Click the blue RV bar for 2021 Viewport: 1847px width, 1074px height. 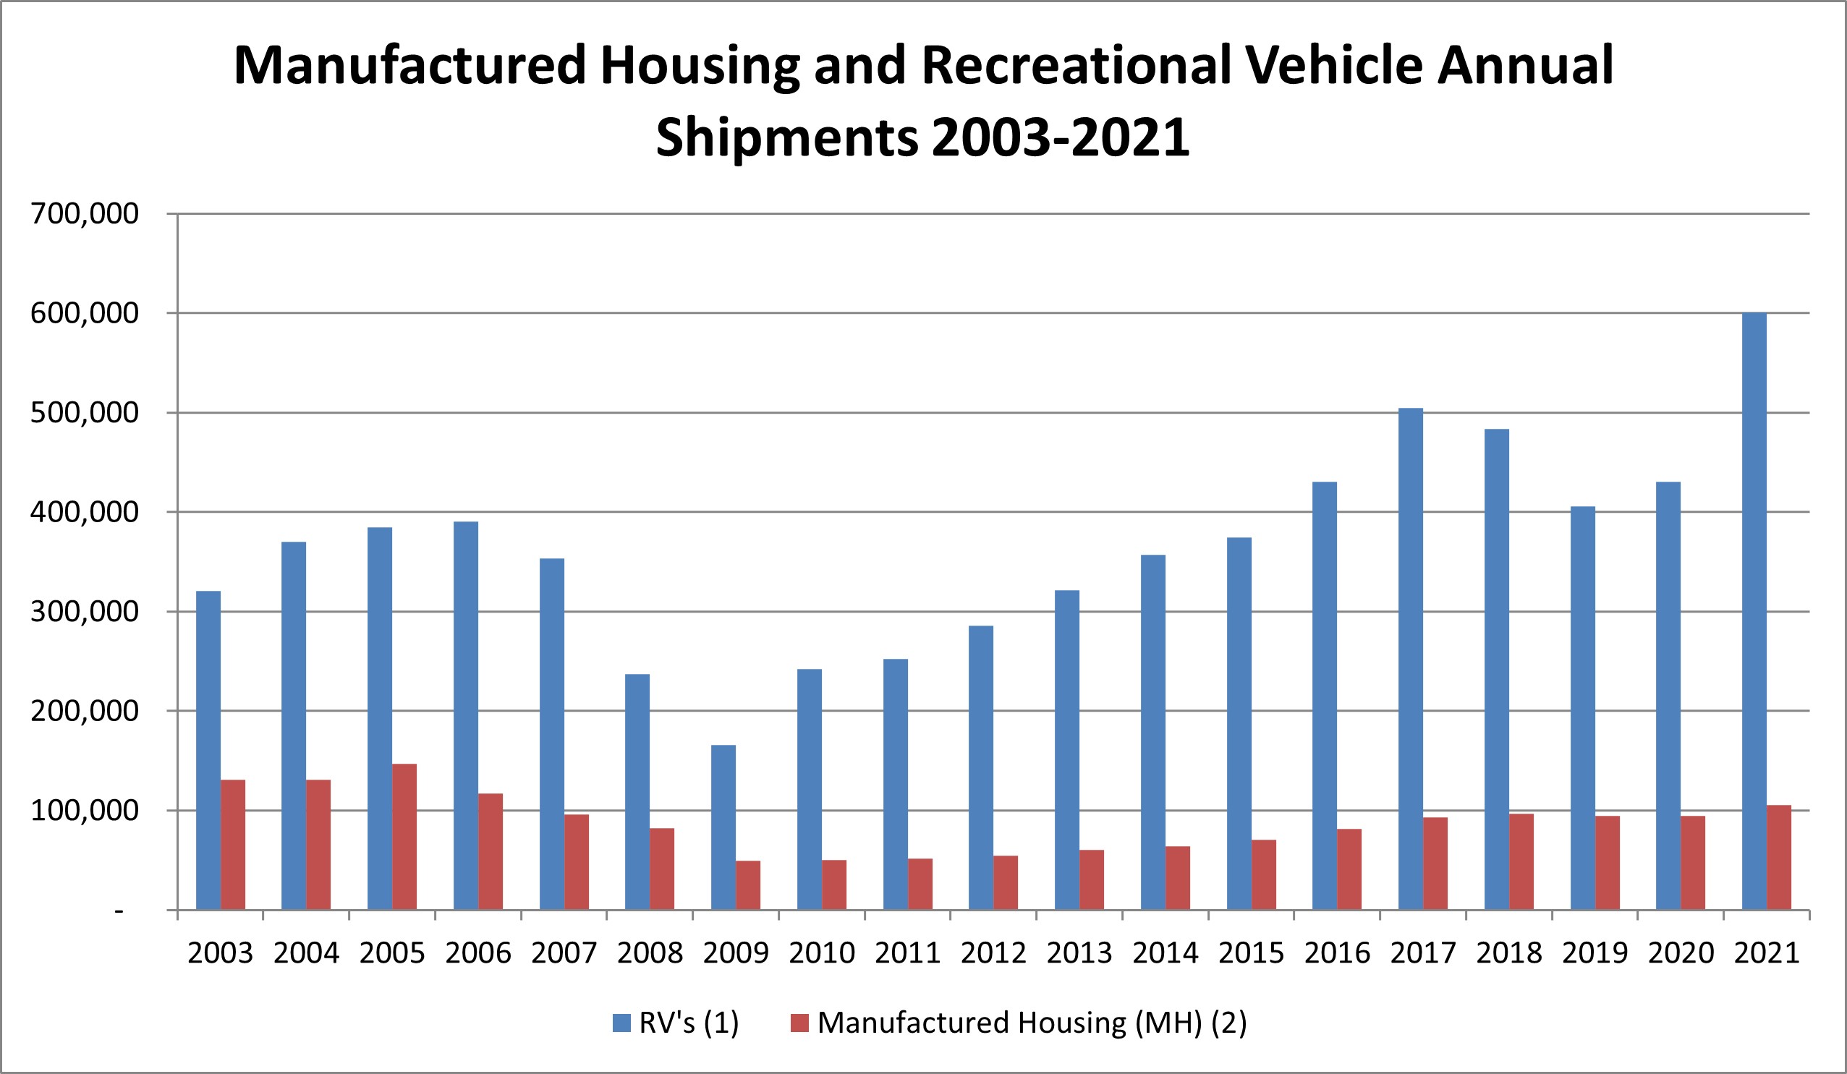point(1754,611)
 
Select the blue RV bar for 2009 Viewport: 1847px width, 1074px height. point(723,828)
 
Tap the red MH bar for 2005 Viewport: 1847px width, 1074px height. point(404,838)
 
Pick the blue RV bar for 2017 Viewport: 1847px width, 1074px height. point(1410,660)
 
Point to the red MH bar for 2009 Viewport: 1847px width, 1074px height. point(748,886)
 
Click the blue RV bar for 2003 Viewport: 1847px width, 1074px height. point(208,750)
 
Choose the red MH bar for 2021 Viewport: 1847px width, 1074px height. point(1779,858)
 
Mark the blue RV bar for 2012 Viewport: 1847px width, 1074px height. point(981,768)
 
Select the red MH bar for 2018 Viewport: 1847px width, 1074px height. point(1521,861)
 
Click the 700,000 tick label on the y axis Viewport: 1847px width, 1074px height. point(85,214)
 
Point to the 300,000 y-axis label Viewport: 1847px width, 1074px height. point(85,612)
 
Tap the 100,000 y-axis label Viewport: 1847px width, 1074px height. point(85,811)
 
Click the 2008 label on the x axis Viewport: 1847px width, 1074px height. point(650,953)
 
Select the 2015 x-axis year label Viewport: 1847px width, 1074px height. point(1251,953)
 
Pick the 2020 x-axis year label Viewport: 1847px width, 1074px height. point(1681,953)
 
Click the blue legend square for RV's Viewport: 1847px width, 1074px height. point(621,1023)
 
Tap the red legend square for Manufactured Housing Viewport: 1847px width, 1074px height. point(799,1023)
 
